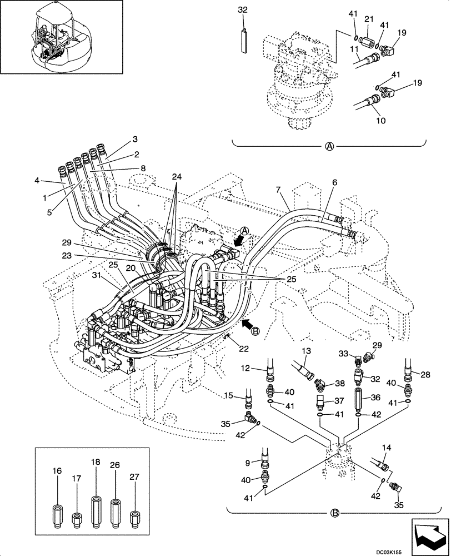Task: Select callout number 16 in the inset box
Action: [57, 470]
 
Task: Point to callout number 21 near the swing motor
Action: [367, 19]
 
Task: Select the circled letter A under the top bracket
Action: [329, 147]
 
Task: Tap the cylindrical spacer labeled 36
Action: [358, 400]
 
